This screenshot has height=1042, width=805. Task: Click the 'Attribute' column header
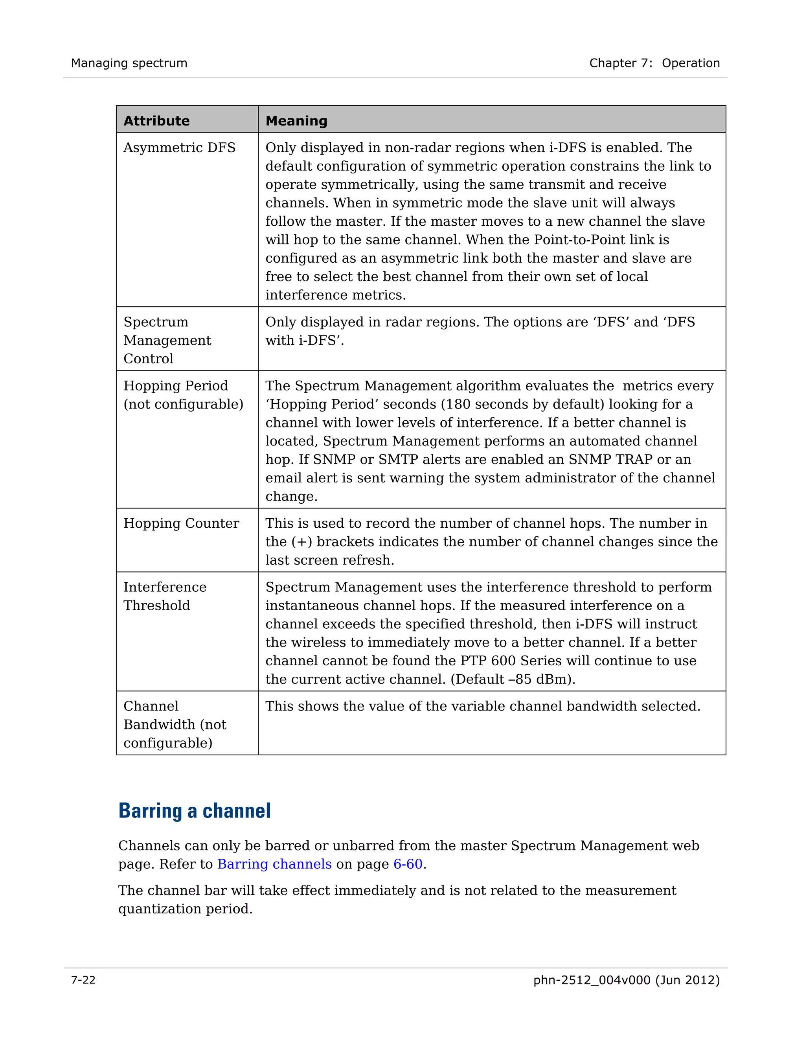[156, 121]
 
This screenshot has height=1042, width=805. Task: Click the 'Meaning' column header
[296, 121]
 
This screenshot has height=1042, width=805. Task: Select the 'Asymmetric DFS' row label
[179, 147]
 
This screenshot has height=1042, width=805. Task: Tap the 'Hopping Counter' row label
[181, 523]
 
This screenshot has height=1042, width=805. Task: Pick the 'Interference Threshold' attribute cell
[165, 596]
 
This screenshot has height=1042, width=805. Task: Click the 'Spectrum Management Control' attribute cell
[167, 340]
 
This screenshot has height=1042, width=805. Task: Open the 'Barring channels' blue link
[274, 864]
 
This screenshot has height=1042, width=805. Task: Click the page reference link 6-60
[408, 864]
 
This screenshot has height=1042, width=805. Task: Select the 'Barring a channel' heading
[195, 811]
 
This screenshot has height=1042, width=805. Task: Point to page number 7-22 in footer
[83, 980]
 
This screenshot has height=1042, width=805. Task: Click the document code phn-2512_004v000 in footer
[591, 980]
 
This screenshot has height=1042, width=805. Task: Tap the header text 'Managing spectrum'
[129, 63]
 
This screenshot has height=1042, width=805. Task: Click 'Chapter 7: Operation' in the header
[654, 63]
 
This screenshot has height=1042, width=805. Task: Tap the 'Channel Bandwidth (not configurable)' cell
[175, 724]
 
